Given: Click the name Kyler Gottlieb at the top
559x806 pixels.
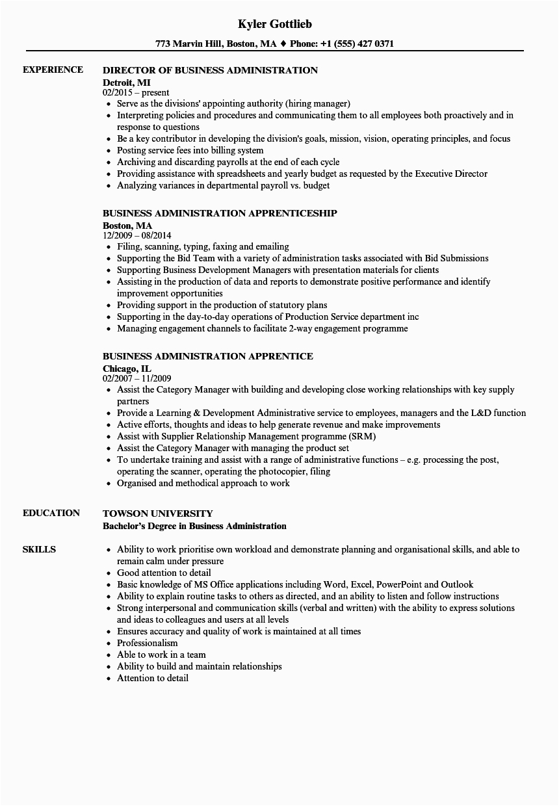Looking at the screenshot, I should (x=274, y=24).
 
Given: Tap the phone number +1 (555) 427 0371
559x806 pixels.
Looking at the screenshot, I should (x=357, y=44).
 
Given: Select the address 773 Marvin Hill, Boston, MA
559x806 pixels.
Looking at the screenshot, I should (x=216, y=44).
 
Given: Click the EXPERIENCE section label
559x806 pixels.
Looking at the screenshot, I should (x=53, y=70).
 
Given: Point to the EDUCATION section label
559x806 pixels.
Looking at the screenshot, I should (x=51, y=513).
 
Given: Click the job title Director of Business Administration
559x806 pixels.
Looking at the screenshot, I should (x=211, y=70).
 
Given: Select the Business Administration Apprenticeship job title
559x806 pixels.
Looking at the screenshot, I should (x=220, y=213).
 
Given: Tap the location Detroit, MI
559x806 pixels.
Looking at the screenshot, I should (x=127, y=82).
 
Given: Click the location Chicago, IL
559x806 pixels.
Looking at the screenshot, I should (x=127, y=368).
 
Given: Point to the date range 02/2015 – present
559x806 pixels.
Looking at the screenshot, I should (x=136, y=93).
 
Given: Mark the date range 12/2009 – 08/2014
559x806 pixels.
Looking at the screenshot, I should (x=137, y=235).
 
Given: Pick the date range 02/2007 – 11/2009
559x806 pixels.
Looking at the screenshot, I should (x=136, y=378).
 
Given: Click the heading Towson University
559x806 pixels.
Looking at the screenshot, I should (x=158, y=513).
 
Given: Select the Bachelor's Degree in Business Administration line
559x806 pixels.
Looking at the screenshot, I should (x=194, y=526).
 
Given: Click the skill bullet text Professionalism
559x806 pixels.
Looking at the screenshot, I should (x=147, y=643).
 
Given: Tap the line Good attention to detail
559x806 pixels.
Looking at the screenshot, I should (x=164, y=573).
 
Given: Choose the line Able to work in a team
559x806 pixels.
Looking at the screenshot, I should (x=161, y=655).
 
